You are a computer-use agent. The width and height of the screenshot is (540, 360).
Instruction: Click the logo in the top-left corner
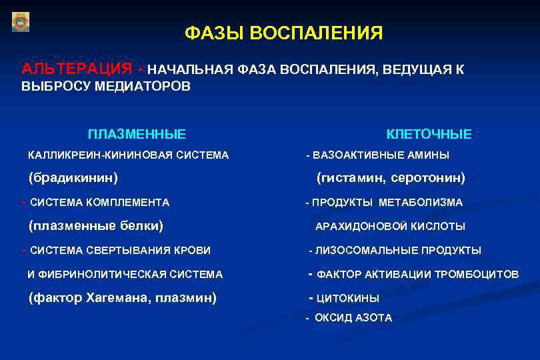tap(21, 21)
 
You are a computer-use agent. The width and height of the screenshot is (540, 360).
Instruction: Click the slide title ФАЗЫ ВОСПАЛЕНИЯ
tap(283, 33)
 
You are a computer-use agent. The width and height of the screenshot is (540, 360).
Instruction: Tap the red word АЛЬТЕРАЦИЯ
tap(76, 69)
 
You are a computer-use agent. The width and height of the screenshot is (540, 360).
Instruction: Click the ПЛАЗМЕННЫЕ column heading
tap(137, 134)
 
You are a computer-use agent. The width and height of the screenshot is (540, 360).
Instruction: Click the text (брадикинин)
tap(73, 178)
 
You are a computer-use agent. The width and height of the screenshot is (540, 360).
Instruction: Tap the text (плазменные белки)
tap(97, 225)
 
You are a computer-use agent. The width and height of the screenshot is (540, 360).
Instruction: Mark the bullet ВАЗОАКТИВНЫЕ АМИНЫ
tap(381, 155)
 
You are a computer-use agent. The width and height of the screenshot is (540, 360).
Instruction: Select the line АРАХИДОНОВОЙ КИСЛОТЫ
tap(390, 227)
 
